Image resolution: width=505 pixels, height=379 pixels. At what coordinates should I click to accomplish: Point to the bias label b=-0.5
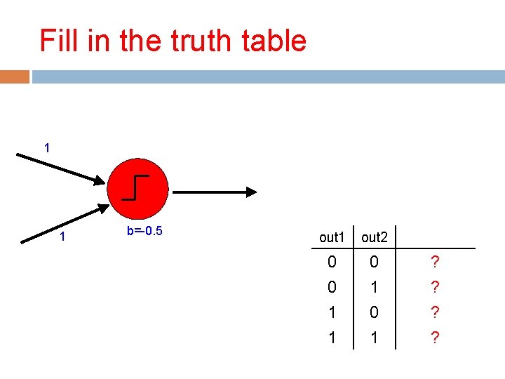144,231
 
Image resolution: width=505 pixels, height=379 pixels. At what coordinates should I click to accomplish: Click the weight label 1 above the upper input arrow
46,149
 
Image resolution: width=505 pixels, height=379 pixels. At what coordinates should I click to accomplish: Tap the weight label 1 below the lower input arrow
62,237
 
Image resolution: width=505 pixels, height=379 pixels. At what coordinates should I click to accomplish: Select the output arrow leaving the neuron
215,191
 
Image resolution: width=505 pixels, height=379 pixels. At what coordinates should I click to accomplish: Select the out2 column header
375,237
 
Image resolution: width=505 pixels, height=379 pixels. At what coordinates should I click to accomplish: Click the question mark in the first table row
436,262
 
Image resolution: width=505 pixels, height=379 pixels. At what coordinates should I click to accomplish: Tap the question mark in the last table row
436,338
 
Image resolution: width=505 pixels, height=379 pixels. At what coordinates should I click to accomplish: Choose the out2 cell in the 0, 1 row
374,288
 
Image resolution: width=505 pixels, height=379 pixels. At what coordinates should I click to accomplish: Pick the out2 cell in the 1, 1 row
374,338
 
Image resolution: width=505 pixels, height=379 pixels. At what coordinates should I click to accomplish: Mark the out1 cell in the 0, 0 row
332,262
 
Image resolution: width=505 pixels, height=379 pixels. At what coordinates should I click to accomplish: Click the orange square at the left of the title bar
15,77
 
